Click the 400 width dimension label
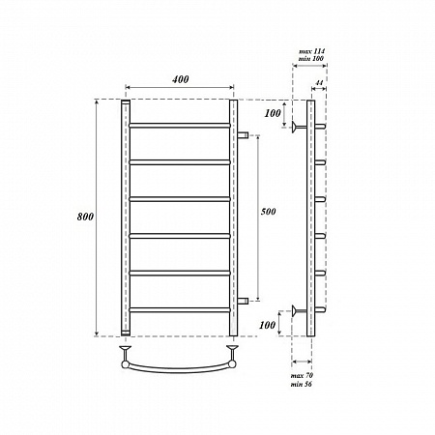180,79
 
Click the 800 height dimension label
85,217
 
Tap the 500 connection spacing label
268,212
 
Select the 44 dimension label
319,83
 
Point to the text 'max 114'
311,51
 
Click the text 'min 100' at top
311,59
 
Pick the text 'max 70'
302,376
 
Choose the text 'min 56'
302,384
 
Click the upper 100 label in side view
273,113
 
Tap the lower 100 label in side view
268,325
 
